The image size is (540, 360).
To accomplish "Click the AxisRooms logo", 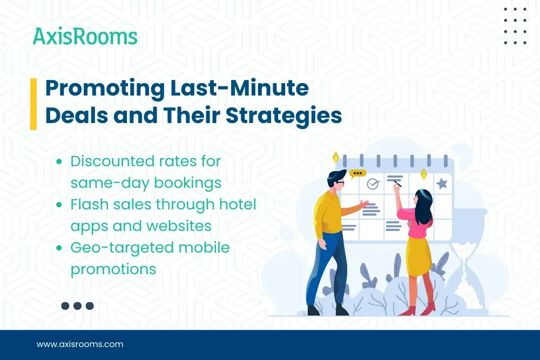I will click(x=85, y=37).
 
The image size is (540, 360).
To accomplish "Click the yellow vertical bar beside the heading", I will click(x=33, y=104).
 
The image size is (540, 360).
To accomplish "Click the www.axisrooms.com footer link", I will click(x=80, y=344).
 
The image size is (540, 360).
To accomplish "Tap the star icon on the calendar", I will click(x=442, y=184).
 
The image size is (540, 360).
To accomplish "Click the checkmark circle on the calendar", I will click(x=373, y=184).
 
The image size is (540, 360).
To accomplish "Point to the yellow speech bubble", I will click(x=357, y=174).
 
